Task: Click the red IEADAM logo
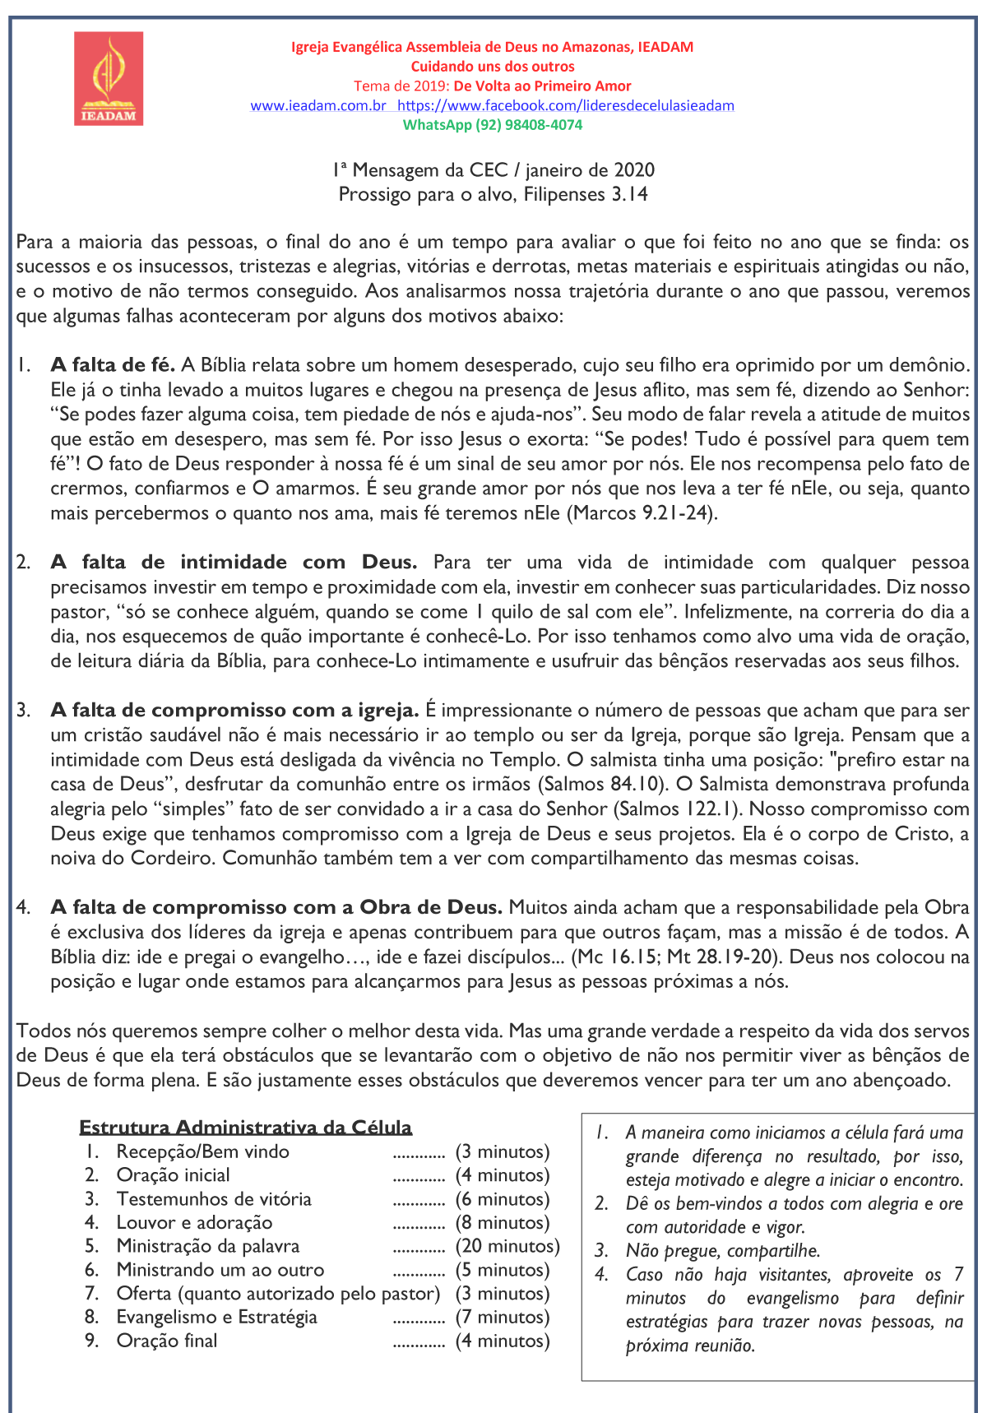coord(109,79)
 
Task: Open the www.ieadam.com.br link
coord(318,105)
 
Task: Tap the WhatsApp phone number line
coord(492,125)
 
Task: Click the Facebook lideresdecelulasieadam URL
coord(566,105)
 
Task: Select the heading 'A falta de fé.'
coord(113,365)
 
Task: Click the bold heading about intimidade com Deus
coord(234,563)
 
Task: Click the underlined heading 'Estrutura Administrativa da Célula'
coord(245,1127)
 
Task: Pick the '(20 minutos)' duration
coord(507,1246)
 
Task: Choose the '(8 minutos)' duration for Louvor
coord(503,1222)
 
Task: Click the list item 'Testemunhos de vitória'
coord(214,1199)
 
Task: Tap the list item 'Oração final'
coord(167,1341)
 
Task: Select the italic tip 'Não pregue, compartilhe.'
coord(723,1251)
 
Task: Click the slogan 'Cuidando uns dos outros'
coord(493,67)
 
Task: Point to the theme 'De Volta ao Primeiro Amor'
coord(543,86)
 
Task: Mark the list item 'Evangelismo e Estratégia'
coord(216,1317)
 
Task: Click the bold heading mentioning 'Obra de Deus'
coord(276,908)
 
